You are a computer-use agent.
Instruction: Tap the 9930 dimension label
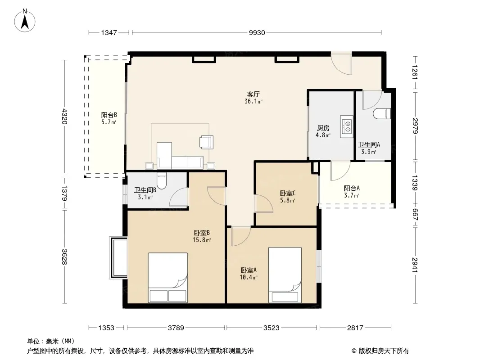point(257,33)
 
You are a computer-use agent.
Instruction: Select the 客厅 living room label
point(254,94)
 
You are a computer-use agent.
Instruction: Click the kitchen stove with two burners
point(347,126)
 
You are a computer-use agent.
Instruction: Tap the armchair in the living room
point(206,142)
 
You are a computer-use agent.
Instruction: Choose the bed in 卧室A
point(285,275)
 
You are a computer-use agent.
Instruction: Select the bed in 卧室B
point(168,277)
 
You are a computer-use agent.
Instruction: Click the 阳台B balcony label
point(109,115)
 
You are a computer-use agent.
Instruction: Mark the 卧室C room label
point(287,193)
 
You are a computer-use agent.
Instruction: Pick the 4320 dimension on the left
point(64,116)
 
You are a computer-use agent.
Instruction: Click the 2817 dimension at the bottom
point(355,328)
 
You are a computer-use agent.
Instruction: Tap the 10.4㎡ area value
point(249,277)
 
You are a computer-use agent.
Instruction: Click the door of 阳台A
point(340,171)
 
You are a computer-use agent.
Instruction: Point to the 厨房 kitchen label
point(323,128)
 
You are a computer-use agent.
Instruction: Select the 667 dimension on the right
point(415,214)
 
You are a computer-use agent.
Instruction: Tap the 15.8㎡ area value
point(202,240)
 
